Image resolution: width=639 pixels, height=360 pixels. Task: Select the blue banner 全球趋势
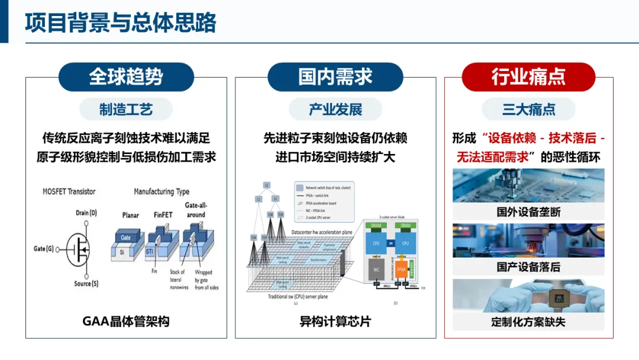[x=126, y=77]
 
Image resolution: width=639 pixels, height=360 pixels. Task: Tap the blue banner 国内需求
[x=335, y=77]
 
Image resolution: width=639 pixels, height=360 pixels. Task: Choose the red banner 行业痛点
[x=528, y=77]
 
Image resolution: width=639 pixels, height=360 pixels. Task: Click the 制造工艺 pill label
[x=126, y=110]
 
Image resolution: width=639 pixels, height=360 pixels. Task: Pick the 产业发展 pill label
[x=335, y=110]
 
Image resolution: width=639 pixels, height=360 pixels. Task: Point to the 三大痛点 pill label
[x=528, y=110]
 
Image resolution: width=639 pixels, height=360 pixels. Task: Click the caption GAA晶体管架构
[x=126, y=322]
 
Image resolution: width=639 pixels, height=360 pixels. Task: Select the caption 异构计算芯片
[x=335, y=322]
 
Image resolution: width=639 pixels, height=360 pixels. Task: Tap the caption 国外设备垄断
[x=528, y=211]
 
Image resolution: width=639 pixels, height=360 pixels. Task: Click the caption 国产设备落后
[x=528, y=267]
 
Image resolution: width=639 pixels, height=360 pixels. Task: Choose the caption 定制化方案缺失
[x=528, y=322]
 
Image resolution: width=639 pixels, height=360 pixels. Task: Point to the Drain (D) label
[x=86, y=213]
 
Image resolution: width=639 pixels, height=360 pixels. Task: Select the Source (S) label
[x=86, y=284]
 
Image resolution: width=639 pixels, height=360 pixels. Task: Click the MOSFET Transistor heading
[x=69, y=191]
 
